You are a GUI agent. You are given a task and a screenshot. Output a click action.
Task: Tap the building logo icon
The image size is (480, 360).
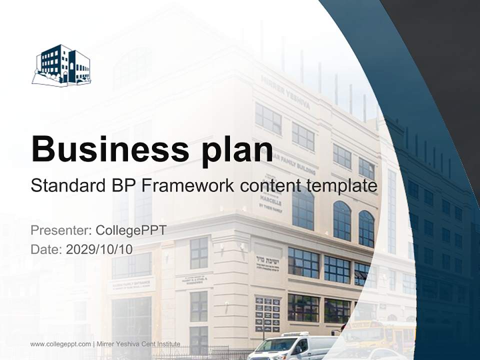click(x=61, y=65)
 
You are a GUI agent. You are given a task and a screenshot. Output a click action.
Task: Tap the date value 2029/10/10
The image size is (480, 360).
click(x=99, y=249)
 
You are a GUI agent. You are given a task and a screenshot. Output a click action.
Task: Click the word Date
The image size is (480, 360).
click(x=45, y=249)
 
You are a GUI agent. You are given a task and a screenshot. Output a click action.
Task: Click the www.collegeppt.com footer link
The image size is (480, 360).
click(x=60, y=344)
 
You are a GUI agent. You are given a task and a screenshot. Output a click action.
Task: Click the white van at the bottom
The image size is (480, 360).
click(x=292, y=346)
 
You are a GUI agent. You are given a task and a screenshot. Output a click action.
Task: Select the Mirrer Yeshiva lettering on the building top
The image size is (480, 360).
click(x=285, y=92)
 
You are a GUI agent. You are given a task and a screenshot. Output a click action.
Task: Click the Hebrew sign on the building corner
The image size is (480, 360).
click(x=267, y=260)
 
